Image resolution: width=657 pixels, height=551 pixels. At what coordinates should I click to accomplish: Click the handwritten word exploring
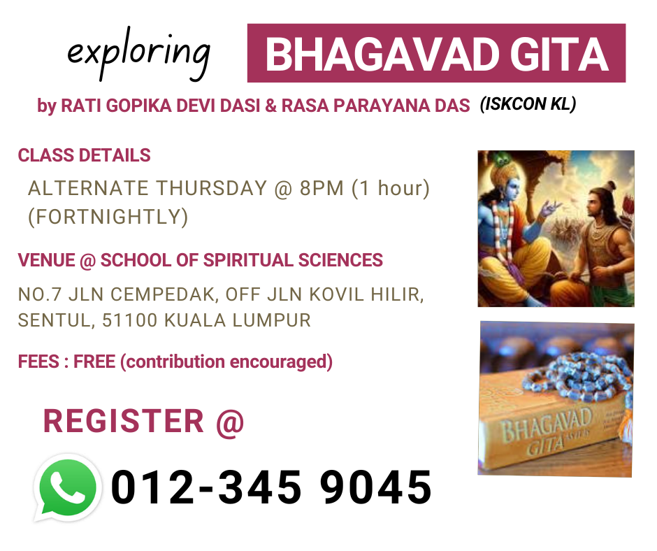(138, 55)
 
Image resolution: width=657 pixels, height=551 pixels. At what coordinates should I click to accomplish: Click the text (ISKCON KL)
(528, 104)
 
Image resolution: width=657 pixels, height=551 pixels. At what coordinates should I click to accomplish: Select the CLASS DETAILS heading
(84, 155)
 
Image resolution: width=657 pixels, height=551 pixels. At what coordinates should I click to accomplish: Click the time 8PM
(322, 188)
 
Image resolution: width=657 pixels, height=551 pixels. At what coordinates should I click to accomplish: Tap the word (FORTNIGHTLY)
(108, 217)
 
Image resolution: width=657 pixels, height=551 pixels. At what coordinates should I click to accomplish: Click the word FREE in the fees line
(94, 362)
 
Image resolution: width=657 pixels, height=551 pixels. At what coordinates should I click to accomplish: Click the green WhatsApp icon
(68, 487)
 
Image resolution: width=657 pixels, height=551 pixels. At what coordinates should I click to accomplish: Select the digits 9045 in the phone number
(376, 487)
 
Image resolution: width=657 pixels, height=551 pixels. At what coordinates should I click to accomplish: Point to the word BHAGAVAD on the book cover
(547, 424)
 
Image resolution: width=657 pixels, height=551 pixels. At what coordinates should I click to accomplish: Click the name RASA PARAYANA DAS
(376, 106)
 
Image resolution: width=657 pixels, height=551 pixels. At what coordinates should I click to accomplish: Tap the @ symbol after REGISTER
(230, 422)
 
